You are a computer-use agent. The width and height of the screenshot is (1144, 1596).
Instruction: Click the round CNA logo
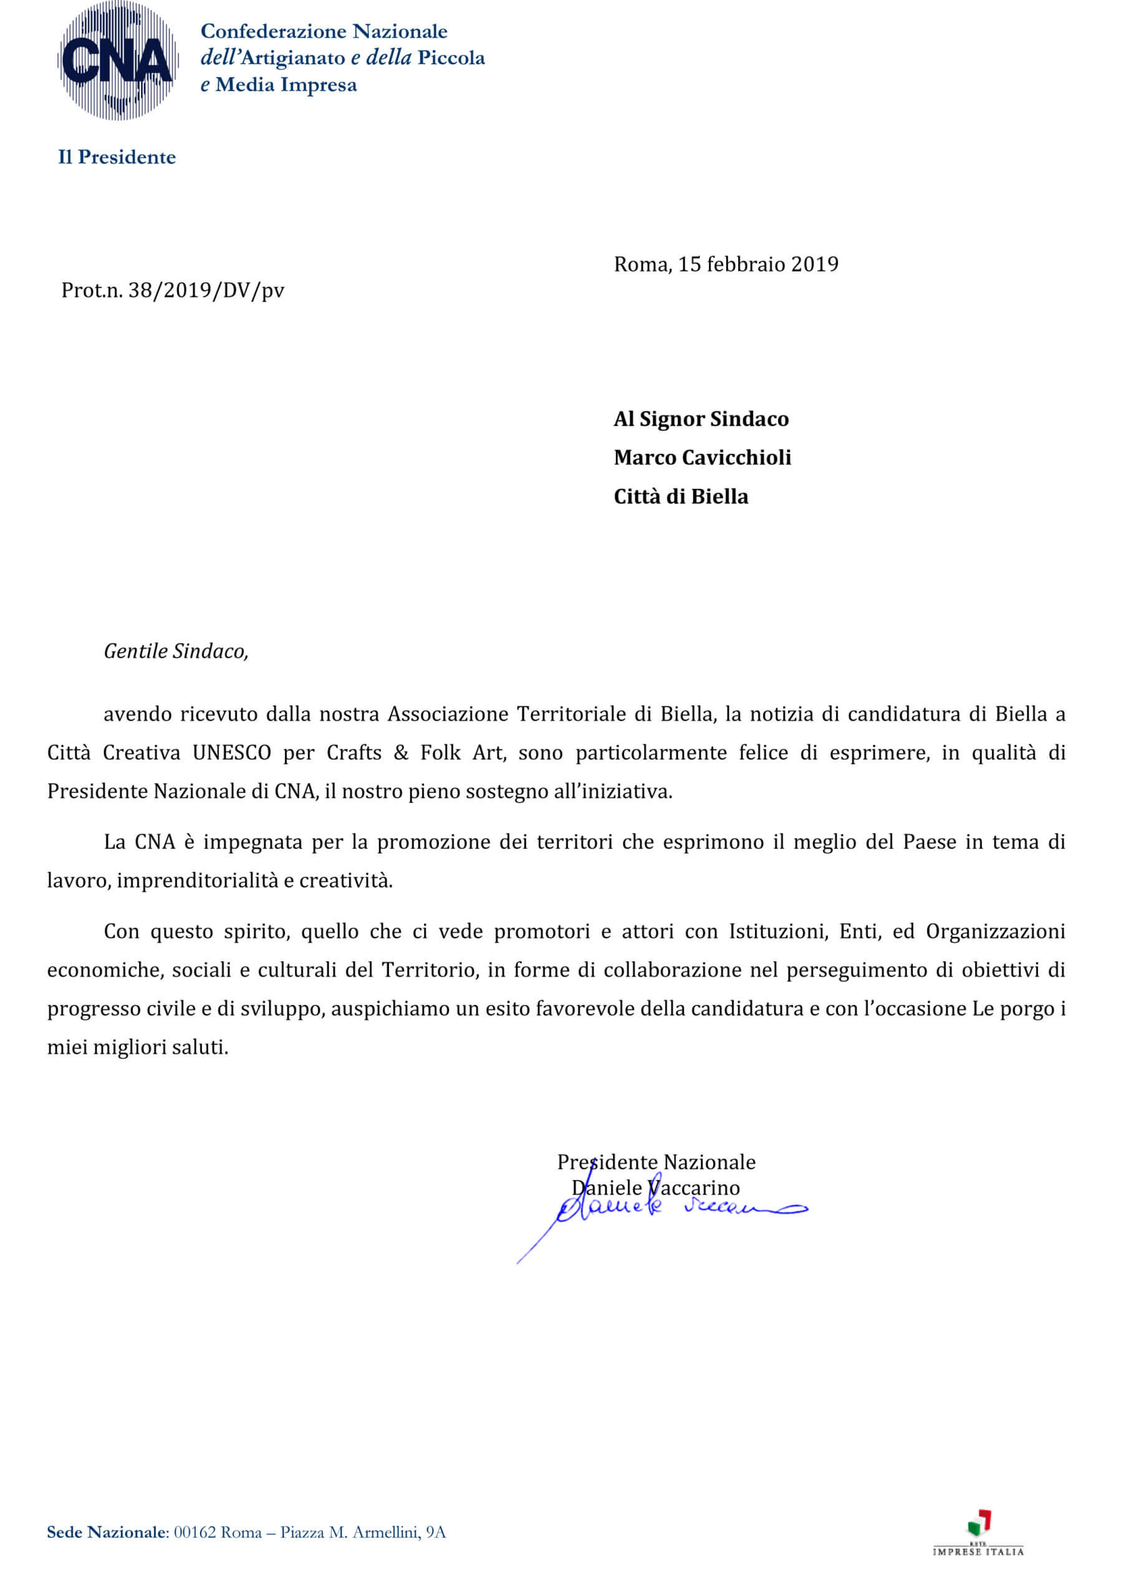[117, 60]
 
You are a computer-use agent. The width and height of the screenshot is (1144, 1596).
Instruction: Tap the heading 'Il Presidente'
[117, 157]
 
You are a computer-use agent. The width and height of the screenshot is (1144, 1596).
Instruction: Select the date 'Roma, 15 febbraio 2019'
[726, 264]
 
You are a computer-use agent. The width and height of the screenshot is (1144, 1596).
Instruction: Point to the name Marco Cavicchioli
[701, 458]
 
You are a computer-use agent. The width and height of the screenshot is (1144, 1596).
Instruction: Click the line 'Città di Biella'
[680, 497]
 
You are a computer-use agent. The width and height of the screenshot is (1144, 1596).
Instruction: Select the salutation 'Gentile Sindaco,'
[176, 651]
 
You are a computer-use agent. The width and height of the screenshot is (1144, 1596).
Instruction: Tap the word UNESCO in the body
[231, 753]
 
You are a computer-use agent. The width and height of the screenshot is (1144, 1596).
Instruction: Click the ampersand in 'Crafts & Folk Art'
[400, 753]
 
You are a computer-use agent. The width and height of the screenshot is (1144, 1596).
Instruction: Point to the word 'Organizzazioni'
[995, 931]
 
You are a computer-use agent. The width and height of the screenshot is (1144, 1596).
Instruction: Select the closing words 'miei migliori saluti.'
[138, 1048]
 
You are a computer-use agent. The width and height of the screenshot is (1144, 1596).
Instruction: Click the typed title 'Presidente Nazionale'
[656, 1163]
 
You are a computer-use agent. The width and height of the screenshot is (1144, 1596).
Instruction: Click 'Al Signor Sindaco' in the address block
[701, 420]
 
